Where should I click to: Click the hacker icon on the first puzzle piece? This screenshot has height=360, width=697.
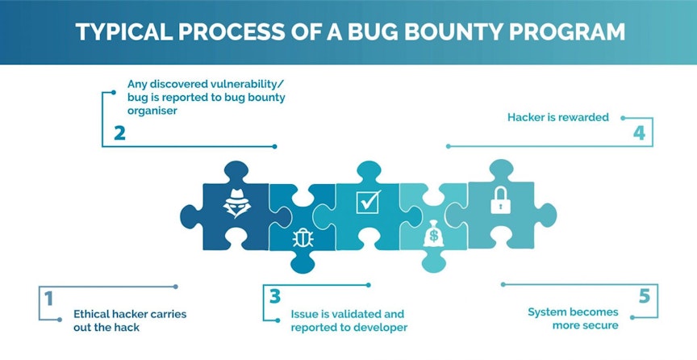tap(236, 200)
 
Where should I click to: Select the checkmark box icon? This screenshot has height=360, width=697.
tap(369, 200)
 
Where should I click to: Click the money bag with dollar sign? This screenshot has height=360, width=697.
tap(433, 237)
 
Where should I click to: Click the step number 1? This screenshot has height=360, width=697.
tap(48, 299)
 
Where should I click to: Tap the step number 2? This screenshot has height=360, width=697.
tap(119, 132)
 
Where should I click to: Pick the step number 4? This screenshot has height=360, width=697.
tap(639, 132)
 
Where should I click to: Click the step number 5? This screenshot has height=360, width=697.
tap(644, 296)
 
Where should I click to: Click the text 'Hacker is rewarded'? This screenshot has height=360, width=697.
tap(557, 117)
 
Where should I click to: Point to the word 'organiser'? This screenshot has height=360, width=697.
tap(152, 111)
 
